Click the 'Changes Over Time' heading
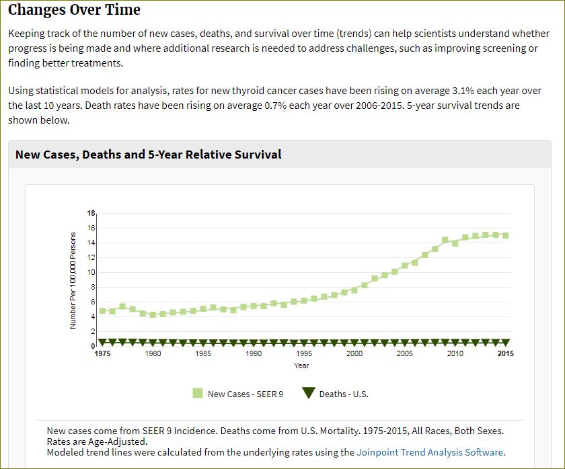(x=74, y=10)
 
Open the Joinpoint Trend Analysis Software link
(x=430, y=452)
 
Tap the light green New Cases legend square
(x=198, y=394)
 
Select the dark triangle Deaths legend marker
(x=309, y=394)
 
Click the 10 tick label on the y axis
(x=91, y=272)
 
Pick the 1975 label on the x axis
(x=103, y=354)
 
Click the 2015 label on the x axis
(x=505, y=354)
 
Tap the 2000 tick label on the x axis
(x=354, y=354)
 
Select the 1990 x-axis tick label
(x=254, y=354)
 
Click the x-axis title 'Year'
(x=301, y=366)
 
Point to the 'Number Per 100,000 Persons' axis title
(x=73, y=280)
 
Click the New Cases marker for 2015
(x=505, y=235)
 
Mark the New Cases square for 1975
(x=103, y=311)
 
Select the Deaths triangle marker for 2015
(x=505, y=343)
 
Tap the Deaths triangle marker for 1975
(x=103, y=343)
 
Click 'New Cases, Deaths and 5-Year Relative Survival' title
(x=148, y=155)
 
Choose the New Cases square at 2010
(x=455, y=243)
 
